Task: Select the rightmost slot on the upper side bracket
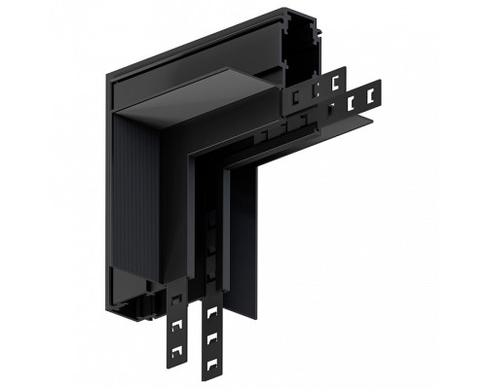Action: pos(337,78)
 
